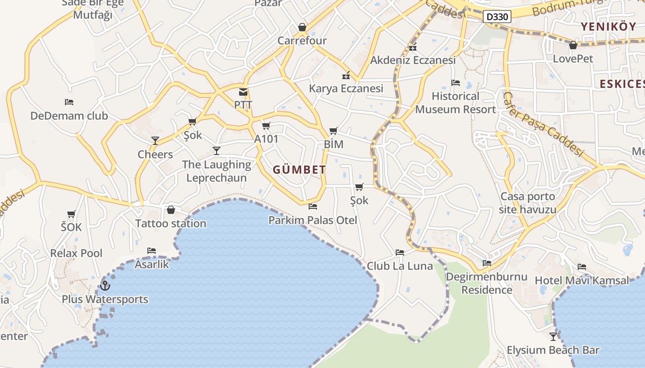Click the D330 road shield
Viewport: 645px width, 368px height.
click(x=498, y=17)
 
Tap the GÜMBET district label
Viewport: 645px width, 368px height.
click(x=299, y=170)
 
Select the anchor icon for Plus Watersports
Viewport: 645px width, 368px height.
click(x=105, y=286)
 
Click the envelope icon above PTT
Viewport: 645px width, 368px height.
click(x=243, y=92)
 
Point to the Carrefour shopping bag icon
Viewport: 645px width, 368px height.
click(x=302, y=27)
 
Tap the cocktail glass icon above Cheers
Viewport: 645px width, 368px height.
click(x=155, y=141)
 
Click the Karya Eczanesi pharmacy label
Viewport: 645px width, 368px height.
click(x=346, y=88)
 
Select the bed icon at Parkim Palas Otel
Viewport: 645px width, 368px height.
click(x=313, y=207)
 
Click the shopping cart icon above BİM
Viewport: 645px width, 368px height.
click(x=334, y=131)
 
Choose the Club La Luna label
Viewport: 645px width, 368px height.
click(x=400, y=266)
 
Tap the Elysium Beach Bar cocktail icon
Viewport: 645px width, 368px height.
click(x=553, y=336)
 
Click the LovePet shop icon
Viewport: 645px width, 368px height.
click(x=573, y=45)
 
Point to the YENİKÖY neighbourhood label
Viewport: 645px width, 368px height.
click(x=608, y=26)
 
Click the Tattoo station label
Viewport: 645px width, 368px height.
click(x=170, y=224)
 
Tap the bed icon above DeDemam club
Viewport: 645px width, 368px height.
click(x=69, y=102)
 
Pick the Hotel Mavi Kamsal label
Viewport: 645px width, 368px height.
click(x=581, y=280)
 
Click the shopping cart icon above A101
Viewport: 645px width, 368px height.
click(x=266, y=126)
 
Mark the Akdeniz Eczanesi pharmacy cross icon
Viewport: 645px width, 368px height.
click(x=413, y=47)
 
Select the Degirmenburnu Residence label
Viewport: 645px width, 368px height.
click(x=487, y=283)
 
